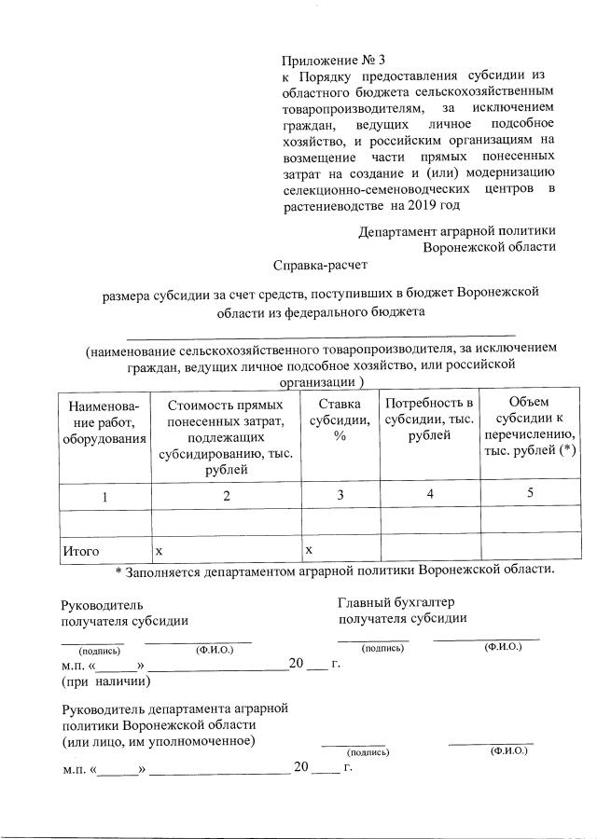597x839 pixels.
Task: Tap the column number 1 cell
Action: (x=105, y=497)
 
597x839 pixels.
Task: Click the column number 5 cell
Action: (x=529, y=493)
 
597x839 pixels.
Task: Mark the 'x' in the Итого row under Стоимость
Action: (x=160, y=551)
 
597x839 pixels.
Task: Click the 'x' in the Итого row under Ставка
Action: (x=309, y=550)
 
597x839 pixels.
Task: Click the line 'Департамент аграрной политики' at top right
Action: (x=457, y=230)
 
